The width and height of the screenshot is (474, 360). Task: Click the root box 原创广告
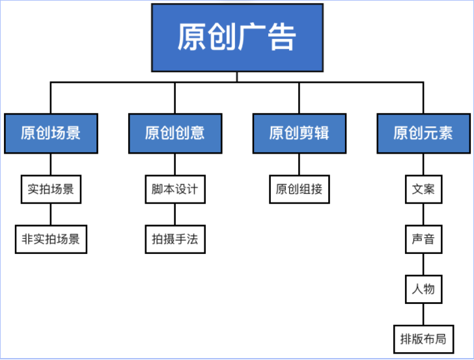tap(237, 37)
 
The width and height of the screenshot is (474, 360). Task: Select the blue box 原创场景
tap(51, 133)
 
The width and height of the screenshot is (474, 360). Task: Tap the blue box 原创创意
tap(174, 133)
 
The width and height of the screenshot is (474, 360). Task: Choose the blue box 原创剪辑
tap(299, 133)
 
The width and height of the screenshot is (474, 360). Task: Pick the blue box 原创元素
tap(423, 133)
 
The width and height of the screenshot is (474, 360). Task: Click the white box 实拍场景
tap(51, 190)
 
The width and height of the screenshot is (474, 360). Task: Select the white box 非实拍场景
tap(51, 239)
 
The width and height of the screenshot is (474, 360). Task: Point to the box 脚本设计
tap(174, 190)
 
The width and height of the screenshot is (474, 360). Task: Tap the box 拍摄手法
tap(174, 239)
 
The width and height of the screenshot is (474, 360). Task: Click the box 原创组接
tap(299, 190)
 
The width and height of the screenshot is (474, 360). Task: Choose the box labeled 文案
tap(423, 190)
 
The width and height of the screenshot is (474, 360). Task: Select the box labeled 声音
tap(423, 239)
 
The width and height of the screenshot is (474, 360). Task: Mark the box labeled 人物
tap(423, 288)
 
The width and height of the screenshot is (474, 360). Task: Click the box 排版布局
tap(423, 339)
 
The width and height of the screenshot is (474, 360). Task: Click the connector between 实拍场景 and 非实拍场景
tap(51, 214)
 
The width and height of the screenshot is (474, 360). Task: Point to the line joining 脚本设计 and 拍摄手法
tap(174, 214)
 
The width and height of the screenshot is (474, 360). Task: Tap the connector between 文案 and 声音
tap(423, 214)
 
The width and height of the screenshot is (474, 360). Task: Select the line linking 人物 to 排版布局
tap(423, 313)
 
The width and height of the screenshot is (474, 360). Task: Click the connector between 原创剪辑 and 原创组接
tap(299, 165)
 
